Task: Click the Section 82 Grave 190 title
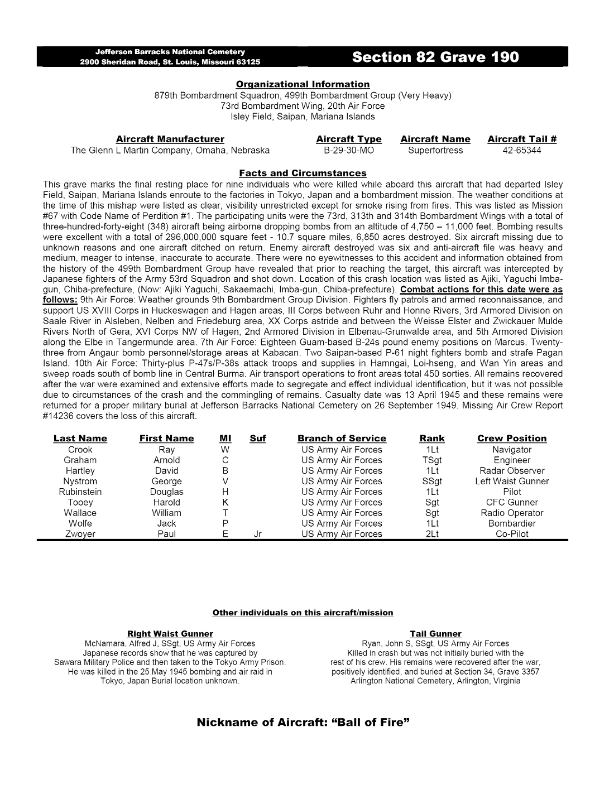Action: pyautogui.click(x=435, y=57)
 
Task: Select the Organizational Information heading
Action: pyautogui.click(x=303, y=84)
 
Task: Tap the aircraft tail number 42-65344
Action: pyautogui.click(x=522, y=150)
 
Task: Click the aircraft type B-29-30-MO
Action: pyautogui.click(x=349, y=150)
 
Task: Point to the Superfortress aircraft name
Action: pyautogui.click(x=435, y=150)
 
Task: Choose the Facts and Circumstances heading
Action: pyautogui.click(x=303, y=173)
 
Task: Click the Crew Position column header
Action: pyautogui.click(x=512, y=439)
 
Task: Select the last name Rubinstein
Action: pyautogui.click(x=80, y=492)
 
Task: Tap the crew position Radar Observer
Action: pyautogui.click(x=512, y=470)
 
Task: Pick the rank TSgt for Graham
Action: pyautogui.click(x=432, y=460)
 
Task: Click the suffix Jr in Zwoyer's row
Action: pyautogui.click(x=258, y=534)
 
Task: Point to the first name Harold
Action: pyautogui.click(x=166, y=502)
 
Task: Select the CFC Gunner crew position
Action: pyautogui.click(x=512, y=502)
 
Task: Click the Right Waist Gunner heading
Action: pyautogui.click(x=170, y=634)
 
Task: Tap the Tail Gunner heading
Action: pyautogui.click(x=435, y=634)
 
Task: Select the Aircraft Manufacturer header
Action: pyautogui.click(x=170, y=139)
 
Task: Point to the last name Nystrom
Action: pyautogui.click(x=80, y=481)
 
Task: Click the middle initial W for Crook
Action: pyautogui.click(x=225, y=449)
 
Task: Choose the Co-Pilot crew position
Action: pyautogui.click(x=512, y=534)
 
